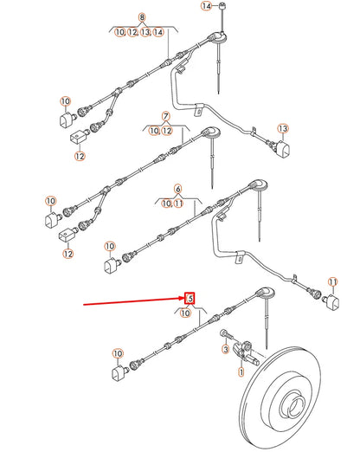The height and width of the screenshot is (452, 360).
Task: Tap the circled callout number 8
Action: [143, 18]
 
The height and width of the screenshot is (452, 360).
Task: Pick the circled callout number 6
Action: [178, 189]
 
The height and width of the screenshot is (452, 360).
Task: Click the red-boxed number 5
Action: [189, 299]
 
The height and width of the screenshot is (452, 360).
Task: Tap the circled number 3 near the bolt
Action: [223, 350]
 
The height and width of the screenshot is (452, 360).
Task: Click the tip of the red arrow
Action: [183, 300]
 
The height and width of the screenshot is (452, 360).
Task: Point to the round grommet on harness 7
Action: [210, 132]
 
